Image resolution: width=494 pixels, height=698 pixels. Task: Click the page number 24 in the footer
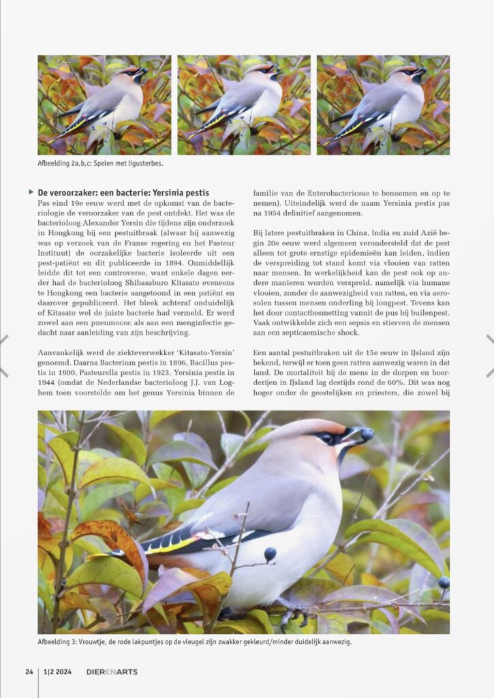click(29, 671)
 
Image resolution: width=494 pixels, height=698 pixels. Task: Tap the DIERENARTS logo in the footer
click(112, 671)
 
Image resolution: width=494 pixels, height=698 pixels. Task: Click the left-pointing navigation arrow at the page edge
click(4, 355)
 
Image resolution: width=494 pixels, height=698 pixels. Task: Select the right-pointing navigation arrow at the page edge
click(489, 355)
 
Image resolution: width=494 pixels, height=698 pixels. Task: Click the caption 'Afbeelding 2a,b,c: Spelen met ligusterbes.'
click(100, 164)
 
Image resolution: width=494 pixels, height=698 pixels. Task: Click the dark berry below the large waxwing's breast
click(270, 553)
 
